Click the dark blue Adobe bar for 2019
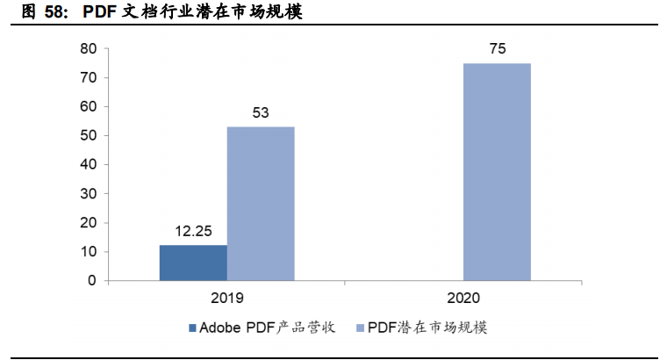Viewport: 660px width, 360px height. pyautogui.click(x=193, y=263)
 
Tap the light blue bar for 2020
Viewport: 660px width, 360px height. pyautogui.click(x=497, y=172)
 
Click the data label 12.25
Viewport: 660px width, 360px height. pyautogui.click(x=193, y=232)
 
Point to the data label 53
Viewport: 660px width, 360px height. pyautogui.click(x=261, y=113)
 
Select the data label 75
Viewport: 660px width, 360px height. pyautogui.click(x=497, y=49)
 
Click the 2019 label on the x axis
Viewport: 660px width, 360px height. pyautogui.click(x=226, y=298)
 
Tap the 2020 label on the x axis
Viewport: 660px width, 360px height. pyautogui.click(x=463, y=298)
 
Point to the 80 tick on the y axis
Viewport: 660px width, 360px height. pyautogui.click(x=88, y=49)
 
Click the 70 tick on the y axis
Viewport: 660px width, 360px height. pyautogui.click(x=88, y=78)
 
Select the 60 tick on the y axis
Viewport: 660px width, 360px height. pyautogui.click(x=88, y=107)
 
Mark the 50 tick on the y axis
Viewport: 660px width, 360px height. pyautogui.click(x=88, y=136)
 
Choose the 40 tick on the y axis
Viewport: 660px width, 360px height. pyautogui.click(x=88, y=165)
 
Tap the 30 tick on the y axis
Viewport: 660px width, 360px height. pyautogui.click(x=88, y=194)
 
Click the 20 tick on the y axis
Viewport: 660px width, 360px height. pyautogui.click(x=88, y=223)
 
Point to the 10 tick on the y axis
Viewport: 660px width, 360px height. pyautogui.click(x=88, y=252)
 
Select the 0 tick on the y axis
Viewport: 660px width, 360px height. pyautogui.click(x=91, y=281)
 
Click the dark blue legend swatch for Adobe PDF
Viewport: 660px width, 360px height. pyautogui.click(x=191, y=328)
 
